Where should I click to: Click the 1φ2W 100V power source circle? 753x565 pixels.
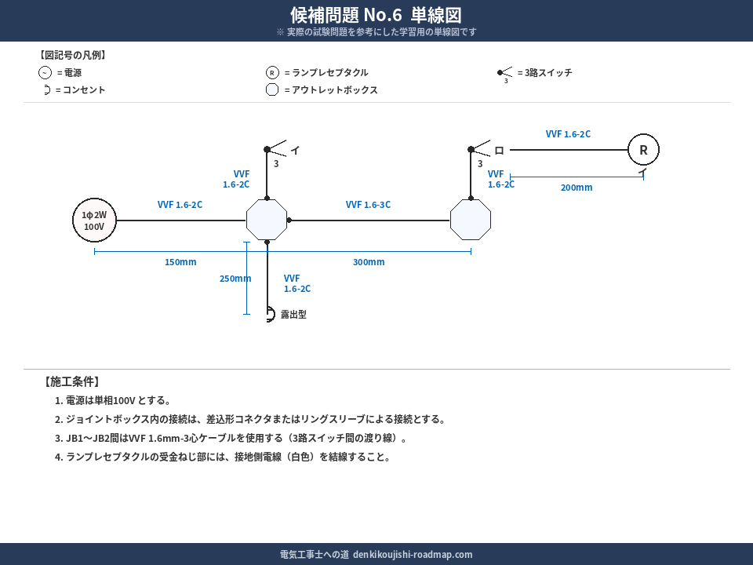pyautogui.click(x=94, y=220)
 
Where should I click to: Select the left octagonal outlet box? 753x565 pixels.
pyautogui.click(x=267, y=220)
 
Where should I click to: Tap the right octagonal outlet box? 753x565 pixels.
pyautogui.click(x=471, y=220)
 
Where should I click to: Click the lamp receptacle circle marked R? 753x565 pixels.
pyautogui.click(x=643, y=150)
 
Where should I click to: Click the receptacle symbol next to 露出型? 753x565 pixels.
pyautogui.click(x=270, y=314)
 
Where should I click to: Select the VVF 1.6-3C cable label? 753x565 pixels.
pyautogui.click(x=368, y=205)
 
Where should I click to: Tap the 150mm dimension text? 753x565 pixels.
pyautogui.click(x=180, y=262)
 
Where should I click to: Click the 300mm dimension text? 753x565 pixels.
pyautogui.click(x=369, y=262)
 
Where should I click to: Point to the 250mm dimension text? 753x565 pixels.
pyautogui.click(x=235, y=279)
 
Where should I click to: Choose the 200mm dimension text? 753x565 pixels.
pyautogui.click(x=577, y=188)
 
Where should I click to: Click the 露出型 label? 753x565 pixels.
pyautogui.click(x=293, y=315)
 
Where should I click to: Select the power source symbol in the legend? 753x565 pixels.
pyautogui.click(x=45, y=73)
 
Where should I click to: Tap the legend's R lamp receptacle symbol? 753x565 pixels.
pyautogui.click(x=272, y=73)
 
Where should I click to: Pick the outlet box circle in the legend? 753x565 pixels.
pyautogui.click(x=272, y=89)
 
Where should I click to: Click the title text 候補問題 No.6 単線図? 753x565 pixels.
pyautogui.click(x=376, y=15)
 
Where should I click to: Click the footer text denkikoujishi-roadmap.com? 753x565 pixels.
pyautogui.click(x=413, y=554)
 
